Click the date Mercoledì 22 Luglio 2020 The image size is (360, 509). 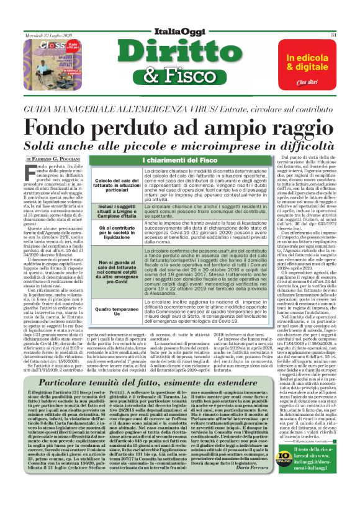(x=43, y=35)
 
